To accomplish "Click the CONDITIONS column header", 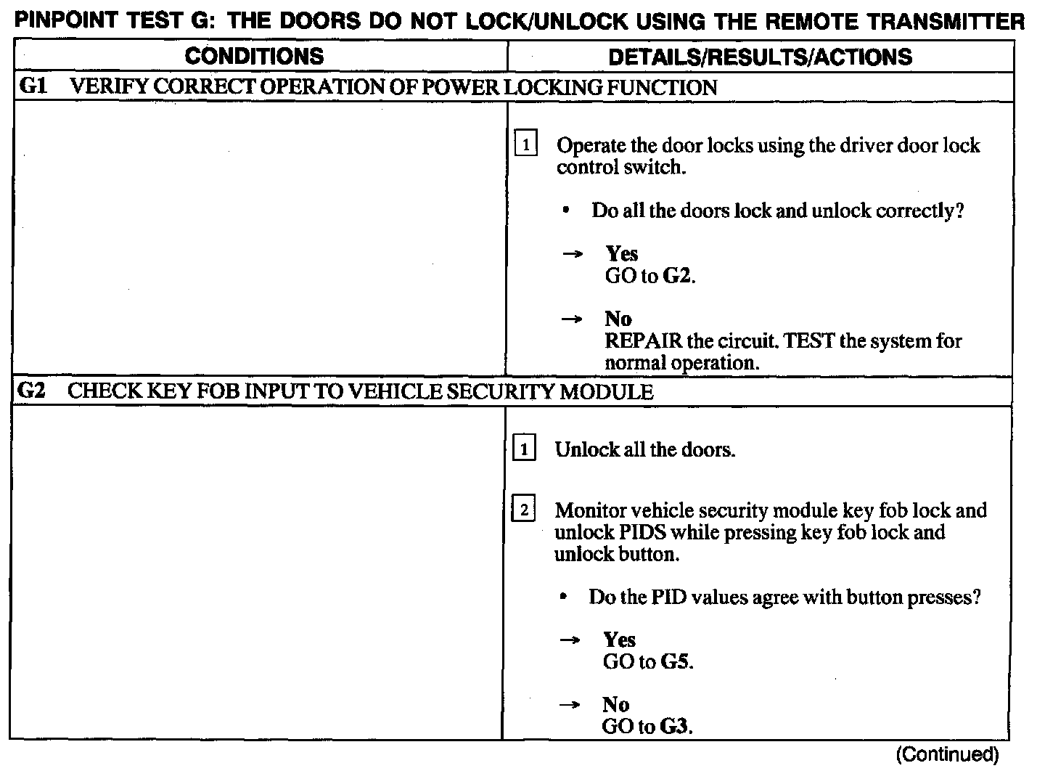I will [254, 56].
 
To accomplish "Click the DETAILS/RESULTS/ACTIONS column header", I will [760, 57].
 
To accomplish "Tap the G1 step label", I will [33, 87].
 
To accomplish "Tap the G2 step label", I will [32, 391].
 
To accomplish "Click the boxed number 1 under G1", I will [525, 144].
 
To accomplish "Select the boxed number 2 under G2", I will [524, 510].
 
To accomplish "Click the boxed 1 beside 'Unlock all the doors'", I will [524, 449].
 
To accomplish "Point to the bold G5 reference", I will [675, 662].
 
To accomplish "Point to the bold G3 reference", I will [674, 726].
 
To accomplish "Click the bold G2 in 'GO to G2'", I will [678, 277].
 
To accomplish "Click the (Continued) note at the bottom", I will [947, 755].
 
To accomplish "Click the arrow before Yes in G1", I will [573, 254].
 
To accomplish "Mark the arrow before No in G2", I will [571, 705].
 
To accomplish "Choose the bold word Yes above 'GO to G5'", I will [619, 640].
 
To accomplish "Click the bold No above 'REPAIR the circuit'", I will [618, 319].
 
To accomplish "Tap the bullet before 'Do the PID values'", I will [562, 597].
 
